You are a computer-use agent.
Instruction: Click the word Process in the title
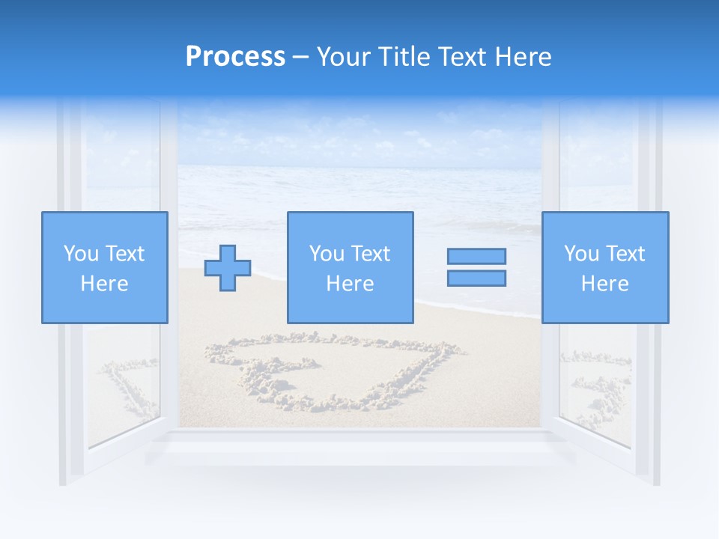(235, 57)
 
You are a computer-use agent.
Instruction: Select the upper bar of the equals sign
(476, 256)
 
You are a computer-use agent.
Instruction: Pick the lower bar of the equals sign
(476, 278)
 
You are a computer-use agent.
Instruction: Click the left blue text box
(104, 267)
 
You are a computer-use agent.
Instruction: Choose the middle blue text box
(350, 267)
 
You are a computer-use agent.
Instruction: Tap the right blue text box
(604, 267)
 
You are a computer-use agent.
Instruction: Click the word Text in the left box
(125, 254)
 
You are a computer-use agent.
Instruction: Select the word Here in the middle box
(350, 284)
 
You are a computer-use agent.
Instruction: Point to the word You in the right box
(581, 254)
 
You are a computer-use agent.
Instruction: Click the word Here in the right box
(604, 284)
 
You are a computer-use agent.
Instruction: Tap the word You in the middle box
(327, 254)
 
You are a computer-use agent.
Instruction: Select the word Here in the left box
(104, 284)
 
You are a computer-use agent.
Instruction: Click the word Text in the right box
(625, 254)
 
